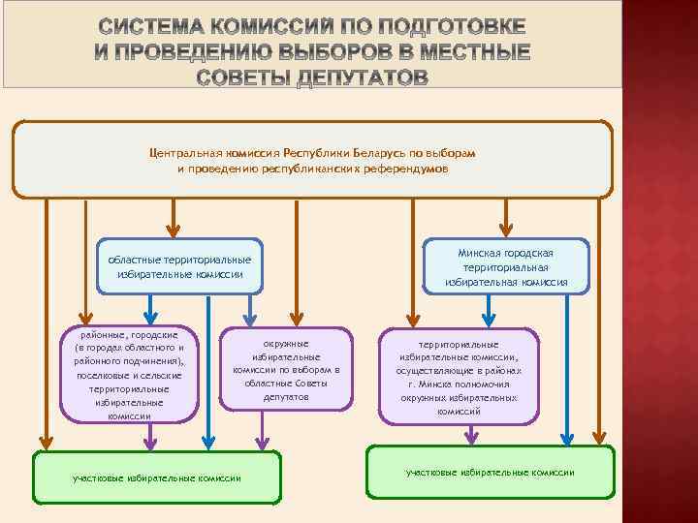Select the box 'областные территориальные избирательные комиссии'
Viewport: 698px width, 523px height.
tap(179, 266)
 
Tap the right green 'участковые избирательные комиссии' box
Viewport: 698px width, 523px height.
tap(490, 472)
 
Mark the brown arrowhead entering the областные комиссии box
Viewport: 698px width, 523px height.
tap(173, 231)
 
